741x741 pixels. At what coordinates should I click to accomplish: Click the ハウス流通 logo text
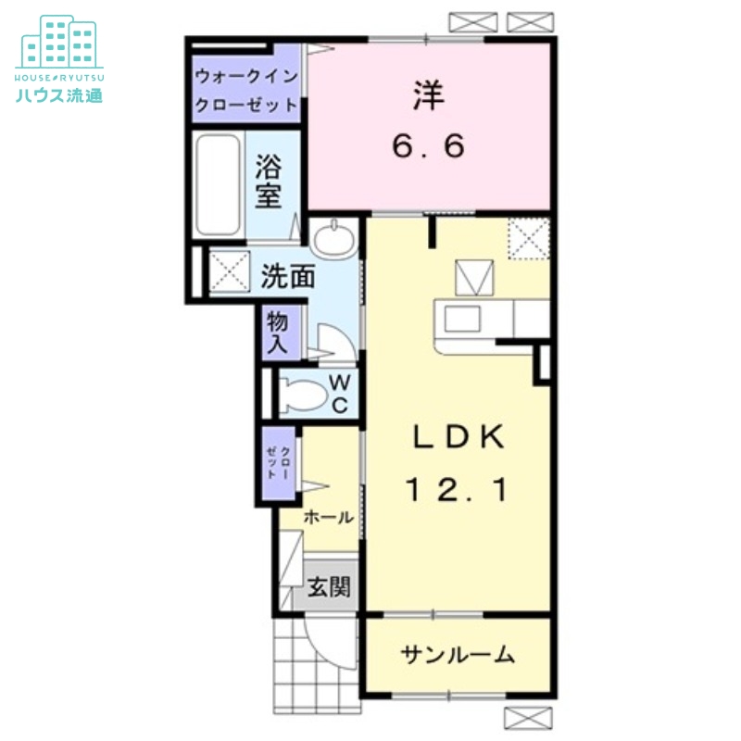pos(59,94)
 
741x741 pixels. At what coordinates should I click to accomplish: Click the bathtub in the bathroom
pos(219,185)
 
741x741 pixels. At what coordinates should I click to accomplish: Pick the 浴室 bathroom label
pos(269,182)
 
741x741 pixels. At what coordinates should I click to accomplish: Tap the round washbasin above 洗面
pos(332,240)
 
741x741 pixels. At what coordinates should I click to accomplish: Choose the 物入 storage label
pos(277,334)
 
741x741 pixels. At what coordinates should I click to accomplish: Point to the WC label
pos(339,394)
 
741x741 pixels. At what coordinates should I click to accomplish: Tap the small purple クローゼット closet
pos(278,460)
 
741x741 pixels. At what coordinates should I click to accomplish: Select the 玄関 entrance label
pos(329,587)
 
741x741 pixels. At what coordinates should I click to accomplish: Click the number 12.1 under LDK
pos(458,491)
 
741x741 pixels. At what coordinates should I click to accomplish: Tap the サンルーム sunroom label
pos(458,656)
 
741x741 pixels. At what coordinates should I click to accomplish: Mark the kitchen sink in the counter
pos(463,318)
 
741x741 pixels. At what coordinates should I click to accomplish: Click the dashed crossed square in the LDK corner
pos(529,240)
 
